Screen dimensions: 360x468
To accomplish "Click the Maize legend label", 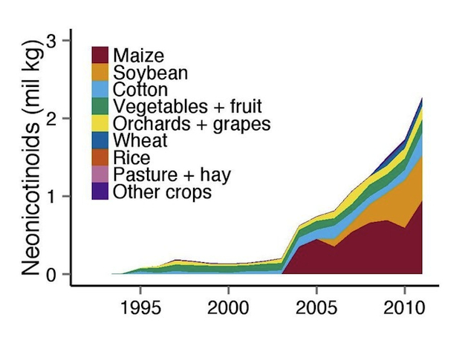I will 139,56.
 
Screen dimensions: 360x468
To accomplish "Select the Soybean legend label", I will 150,73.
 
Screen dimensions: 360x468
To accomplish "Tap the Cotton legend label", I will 140,90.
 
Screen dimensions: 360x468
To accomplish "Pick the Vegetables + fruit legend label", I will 187,106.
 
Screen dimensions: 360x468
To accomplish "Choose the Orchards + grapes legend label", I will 192,123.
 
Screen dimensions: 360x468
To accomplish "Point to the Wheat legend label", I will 140,140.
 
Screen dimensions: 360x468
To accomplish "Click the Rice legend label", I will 131,157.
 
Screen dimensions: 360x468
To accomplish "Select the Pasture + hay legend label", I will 172,174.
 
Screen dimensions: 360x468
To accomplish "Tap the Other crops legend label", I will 162,192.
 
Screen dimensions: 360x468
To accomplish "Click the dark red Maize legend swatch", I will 101,56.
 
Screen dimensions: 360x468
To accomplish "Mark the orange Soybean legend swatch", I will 101,73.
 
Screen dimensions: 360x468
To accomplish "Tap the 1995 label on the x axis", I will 140,307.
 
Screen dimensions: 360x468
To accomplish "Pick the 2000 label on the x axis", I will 228,307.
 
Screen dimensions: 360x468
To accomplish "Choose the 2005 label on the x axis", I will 316,307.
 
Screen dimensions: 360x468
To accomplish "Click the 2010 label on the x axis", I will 403,307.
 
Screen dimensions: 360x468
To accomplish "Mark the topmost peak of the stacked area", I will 422,98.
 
